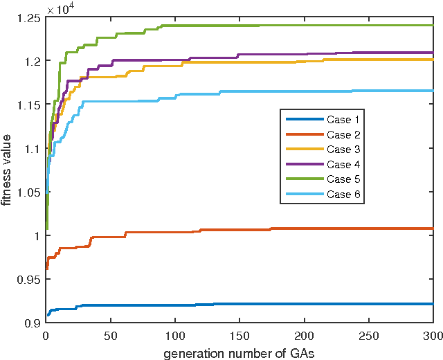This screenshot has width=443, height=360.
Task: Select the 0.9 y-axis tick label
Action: coord(30,323)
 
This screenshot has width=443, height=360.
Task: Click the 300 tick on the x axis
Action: coord(433,335)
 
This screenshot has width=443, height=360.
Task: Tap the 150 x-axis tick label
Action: coord(239,335)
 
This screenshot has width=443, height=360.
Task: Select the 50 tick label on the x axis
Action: coord(110,335)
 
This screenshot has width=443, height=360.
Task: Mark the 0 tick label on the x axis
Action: coord(46,335)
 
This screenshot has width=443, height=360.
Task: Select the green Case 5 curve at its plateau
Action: coord(277,26)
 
